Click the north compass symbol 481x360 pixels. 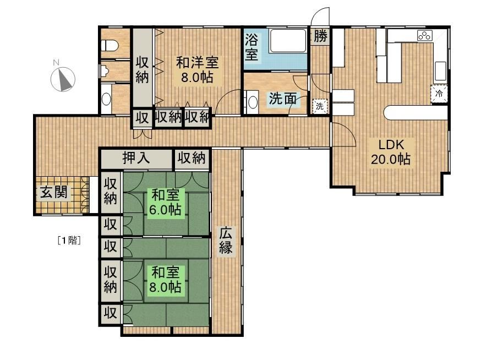(63, 79)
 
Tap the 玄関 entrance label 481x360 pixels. (54, 193)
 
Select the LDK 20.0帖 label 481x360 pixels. (391, 152)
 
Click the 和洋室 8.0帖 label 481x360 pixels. (197, 70)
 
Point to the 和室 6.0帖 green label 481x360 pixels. (165, 203)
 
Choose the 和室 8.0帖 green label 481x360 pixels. (165, 280)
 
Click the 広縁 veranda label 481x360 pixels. (226, 241)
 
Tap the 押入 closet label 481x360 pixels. (136, 158)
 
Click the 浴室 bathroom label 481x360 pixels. (252, 47)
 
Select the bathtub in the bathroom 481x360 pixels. (288, 41)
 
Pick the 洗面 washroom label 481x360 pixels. (282, 99)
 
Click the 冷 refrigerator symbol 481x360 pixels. (439, 93)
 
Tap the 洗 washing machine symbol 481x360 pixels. (320, 106)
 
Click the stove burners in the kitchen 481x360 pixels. (424, 36)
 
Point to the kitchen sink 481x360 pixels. (440, 71)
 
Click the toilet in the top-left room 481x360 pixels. (109, 46)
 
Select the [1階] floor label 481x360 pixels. (69, 240)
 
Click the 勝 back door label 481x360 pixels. (320, 36)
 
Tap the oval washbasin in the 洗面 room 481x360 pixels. (253, 102)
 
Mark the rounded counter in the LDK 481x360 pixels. (416, 112)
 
